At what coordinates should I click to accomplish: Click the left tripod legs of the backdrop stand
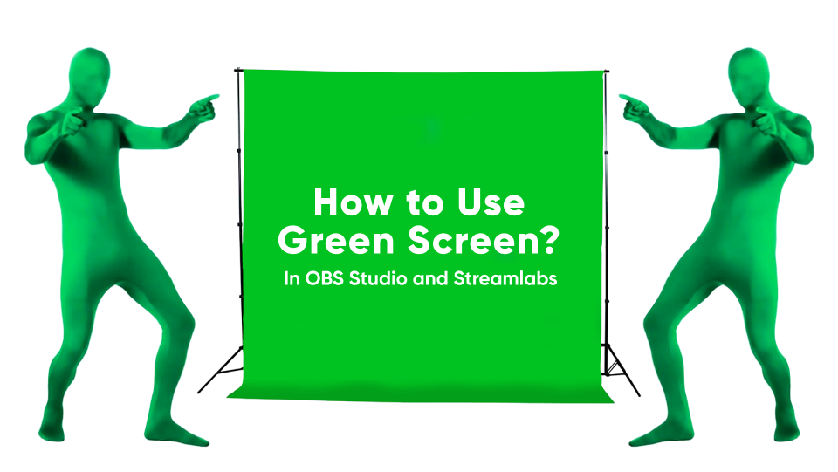pyautogui.click(x=223, y=366)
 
